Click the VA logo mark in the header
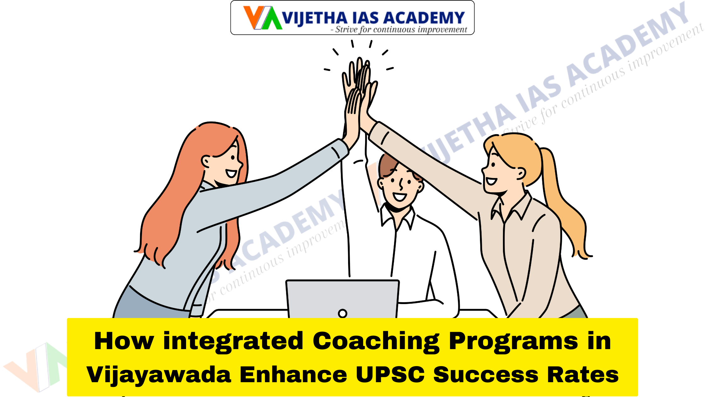(x=262, y=18)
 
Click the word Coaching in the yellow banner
(x=376, y=342)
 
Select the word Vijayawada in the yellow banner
(x=159, y=375)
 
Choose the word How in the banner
(x=124, y=342)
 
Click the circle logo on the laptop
(x=342, y=313)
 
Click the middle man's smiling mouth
(x=400, y=197)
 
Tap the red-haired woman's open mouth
(x=231, y=173)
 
